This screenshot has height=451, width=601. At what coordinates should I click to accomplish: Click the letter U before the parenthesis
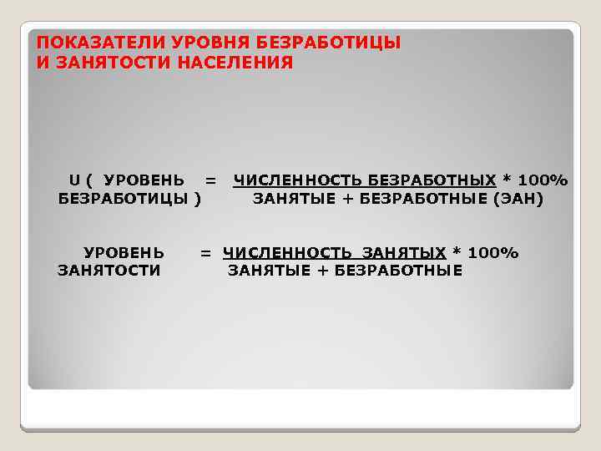pos(74,180)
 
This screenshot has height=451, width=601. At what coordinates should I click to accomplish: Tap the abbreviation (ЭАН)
pos(518,199)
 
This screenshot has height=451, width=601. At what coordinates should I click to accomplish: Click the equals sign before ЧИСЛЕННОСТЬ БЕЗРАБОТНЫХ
pos(210,180)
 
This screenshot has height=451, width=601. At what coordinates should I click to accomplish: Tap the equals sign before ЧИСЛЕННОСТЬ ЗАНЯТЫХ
pos(205,252)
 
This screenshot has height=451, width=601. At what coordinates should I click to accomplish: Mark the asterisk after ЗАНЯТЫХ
pos(456,252)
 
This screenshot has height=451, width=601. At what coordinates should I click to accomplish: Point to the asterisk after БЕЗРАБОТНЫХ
pos(506,180)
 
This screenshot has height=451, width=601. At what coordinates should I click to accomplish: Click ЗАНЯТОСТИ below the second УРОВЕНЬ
pos(109,271)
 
